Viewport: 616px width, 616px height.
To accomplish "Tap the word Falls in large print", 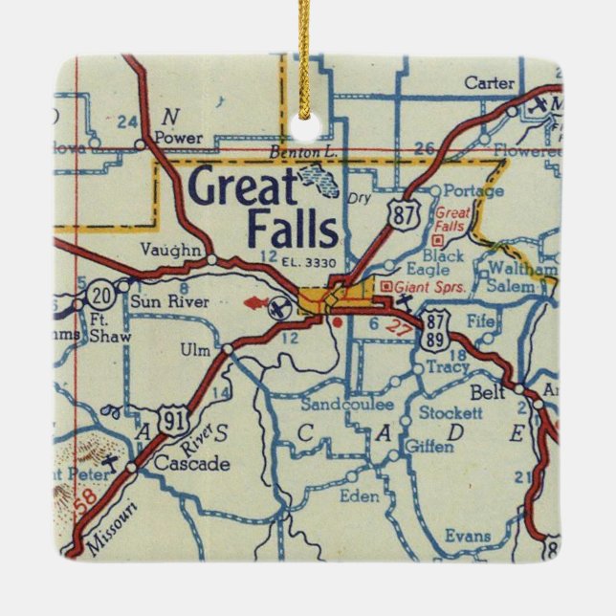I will point(293,230).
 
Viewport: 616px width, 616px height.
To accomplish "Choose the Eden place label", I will point(360,496).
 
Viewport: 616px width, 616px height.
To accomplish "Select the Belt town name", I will point(488,393).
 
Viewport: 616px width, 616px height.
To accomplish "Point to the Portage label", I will point(473,191).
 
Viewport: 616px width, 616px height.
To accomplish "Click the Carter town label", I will point(490,83).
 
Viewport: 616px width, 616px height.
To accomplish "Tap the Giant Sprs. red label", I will point(425,284).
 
